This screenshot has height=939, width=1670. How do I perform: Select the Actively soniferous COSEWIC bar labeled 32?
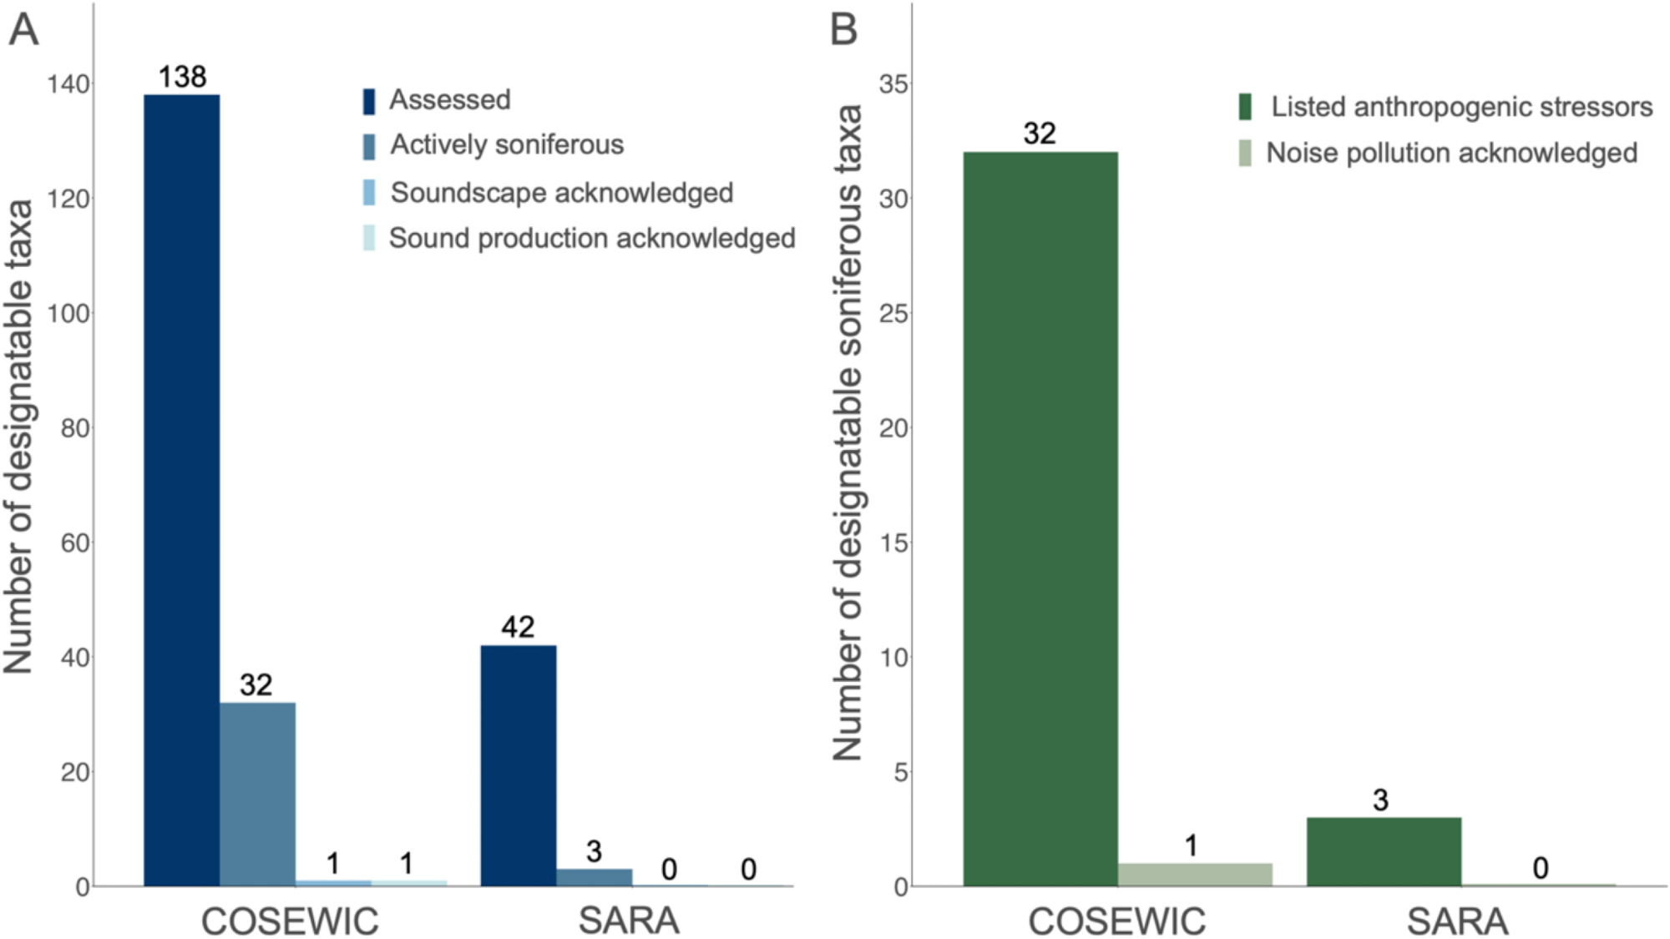257,794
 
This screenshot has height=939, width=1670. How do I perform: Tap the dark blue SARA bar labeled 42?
519,765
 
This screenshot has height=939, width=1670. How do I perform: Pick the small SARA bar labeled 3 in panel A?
595,877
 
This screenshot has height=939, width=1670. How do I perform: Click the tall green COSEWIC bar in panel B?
1040,518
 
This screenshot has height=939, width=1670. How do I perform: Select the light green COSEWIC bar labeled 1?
1195,875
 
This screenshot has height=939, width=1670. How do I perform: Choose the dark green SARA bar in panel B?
1384,851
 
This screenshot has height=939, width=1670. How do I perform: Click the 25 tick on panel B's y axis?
893,314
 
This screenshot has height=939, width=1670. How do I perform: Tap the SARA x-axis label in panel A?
629,921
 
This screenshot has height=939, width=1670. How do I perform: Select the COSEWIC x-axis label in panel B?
1116,921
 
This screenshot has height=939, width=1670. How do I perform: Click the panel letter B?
843,30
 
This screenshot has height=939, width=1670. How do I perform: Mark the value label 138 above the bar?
182,77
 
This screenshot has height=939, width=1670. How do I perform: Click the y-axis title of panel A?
18,436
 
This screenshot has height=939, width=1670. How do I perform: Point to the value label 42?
518,627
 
